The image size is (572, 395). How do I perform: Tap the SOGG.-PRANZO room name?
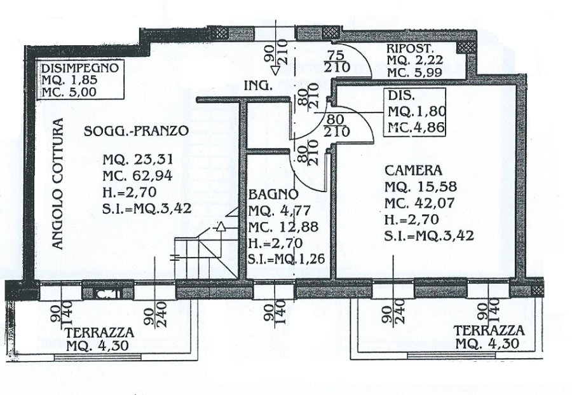135,132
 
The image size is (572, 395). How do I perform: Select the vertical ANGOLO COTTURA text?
58,184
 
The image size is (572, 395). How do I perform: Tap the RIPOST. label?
410,49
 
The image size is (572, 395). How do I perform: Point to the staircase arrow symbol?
219,226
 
